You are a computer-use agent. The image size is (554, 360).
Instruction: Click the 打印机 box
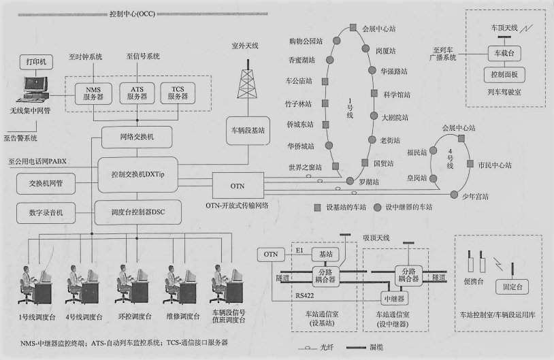pos(35,62)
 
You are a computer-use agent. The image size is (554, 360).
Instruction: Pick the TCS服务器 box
pos(177,93)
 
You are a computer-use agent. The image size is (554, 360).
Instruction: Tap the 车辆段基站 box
pos(248,127)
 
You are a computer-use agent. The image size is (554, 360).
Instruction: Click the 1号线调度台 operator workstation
pos(33,287)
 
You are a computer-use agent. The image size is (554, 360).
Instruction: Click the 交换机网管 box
pos(46,183)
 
